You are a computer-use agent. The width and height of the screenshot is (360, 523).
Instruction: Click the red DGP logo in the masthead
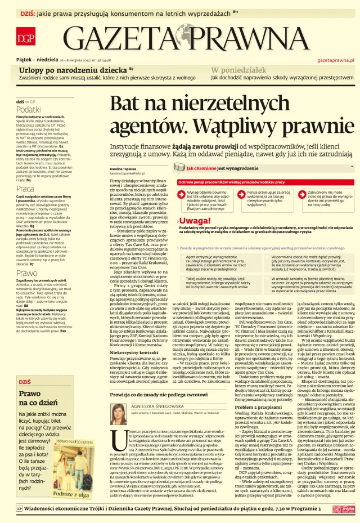[24, 38]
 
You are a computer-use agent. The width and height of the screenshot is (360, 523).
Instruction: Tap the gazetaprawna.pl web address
[335, 59]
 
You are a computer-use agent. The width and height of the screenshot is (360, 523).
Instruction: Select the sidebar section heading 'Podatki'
[28, 109]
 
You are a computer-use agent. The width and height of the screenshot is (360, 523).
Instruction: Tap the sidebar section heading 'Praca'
[25, 189]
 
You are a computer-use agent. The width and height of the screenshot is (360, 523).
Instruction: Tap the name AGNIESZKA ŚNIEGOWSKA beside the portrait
[160, 405]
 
